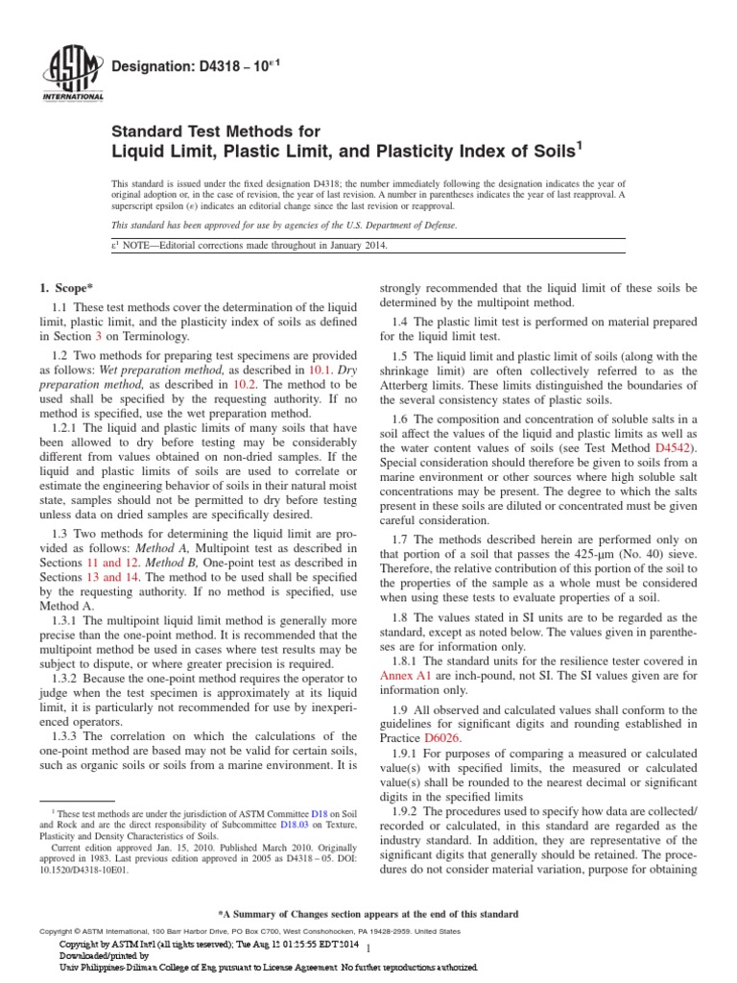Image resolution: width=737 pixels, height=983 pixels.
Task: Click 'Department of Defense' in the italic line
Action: (404, 225)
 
